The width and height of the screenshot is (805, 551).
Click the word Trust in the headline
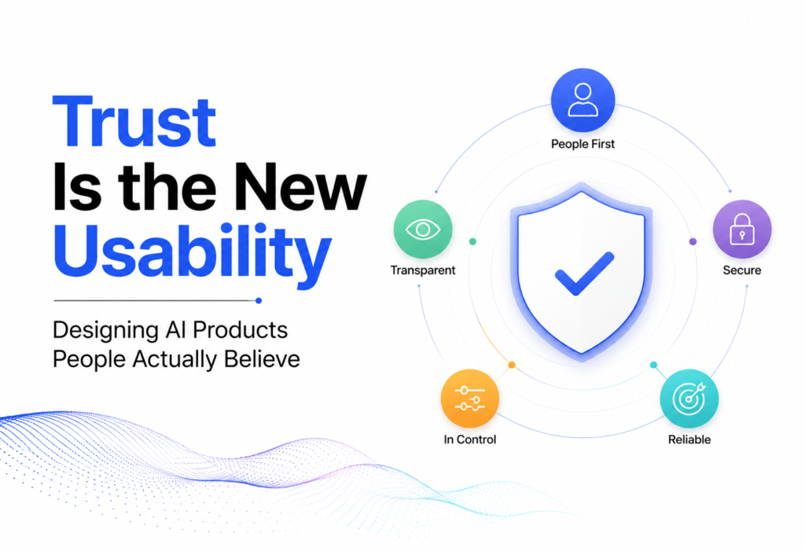(134, 122)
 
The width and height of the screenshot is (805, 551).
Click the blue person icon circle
(583, 100)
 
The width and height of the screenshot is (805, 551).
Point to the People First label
(583, 145)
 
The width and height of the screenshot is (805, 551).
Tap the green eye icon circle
(423, 229)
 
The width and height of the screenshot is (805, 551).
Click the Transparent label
(422, 270)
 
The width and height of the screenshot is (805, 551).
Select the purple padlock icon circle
(742, 229)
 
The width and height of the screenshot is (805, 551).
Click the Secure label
(742, 270)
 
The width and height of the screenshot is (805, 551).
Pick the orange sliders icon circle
(470, 399)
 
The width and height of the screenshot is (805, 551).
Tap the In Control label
(470, 439)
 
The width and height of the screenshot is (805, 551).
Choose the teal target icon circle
(689, 399)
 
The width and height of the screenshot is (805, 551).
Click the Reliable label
(689, 439)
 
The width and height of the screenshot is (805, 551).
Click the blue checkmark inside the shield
(584, 274)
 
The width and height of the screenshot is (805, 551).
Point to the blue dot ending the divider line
(259, 300)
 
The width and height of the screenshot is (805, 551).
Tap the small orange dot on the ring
(512, 365)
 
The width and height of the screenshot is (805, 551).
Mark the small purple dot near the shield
(693, 241)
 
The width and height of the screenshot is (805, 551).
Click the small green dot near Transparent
(472, 241)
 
